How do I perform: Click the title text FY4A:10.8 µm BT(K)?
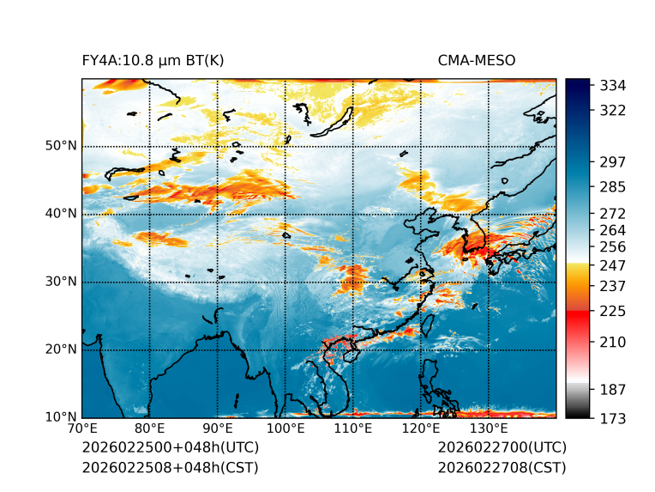click(153, 61)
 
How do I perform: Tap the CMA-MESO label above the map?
click(477, 61)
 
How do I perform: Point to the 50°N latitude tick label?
click(62, 146)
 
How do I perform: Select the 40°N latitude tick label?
click(62, 214)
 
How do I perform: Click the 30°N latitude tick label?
click(62, 282)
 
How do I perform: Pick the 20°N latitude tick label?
click(62, 349)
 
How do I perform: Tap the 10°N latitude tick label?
click(62, 417)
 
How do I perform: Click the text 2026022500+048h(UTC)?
click(170, 448)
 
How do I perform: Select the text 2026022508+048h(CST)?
click(170, 468)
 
